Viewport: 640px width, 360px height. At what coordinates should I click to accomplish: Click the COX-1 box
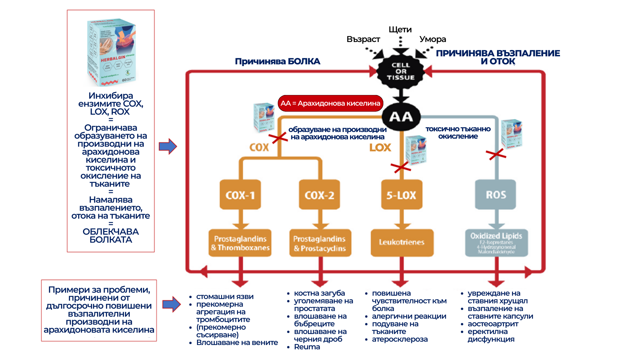coord(240,195)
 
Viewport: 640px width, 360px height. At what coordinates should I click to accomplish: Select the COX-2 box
coord(319,195)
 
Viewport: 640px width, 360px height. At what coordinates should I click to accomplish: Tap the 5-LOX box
coord(401,195)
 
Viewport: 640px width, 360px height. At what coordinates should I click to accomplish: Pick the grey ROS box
coord(496,195)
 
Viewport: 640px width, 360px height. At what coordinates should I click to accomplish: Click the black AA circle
coord(401,117)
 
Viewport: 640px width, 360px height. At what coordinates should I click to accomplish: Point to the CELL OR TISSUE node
coord(401,71)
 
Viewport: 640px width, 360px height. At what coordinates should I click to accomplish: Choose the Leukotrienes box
coord(402,242)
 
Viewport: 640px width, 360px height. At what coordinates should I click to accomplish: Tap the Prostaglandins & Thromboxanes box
coord(240,243)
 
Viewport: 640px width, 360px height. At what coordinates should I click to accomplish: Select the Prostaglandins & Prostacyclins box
coord(320,243)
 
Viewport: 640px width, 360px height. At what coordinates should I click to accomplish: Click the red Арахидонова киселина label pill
coord(330,103)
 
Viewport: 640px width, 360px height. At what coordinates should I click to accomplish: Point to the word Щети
coord(400,30)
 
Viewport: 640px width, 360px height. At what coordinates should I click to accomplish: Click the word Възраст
coord(363,39)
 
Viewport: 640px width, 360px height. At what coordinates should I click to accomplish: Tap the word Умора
coord(433,39)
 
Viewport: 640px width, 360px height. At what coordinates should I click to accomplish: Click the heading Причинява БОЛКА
coord(277,61)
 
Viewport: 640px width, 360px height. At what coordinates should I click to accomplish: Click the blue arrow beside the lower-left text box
coord(171,304)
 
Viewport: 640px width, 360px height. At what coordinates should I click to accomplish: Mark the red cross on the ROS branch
coord(496,154)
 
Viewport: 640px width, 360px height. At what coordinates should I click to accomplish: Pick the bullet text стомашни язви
coord(225,297)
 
